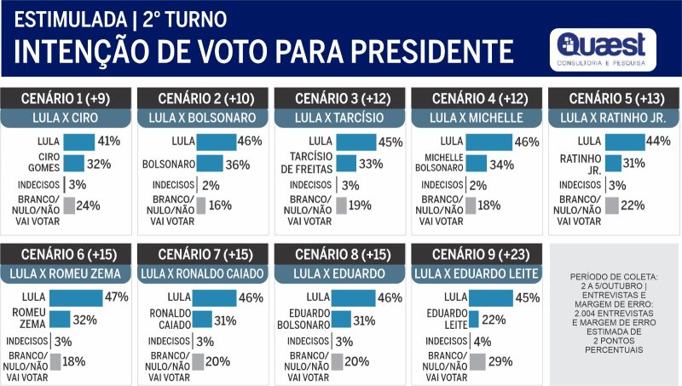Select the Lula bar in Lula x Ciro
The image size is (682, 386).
(x=78, y=141)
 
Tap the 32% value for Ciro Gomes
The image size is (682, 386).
(x=100, y=163)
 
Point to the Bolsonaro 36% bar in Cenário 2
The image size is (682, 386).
(x=210, y=163)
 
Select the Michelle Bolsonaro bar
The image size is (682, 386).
(x=476, y=163)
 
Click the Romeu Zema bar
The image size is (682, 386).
(x=60, y=319)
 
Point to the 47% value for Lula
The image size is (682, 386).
(x=116, y=297)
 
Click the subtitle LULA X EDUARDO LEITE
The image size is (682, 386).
(x=477, y=274)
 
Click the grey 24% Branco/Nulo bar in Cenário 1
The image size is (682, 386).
(x=69, y=205)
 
